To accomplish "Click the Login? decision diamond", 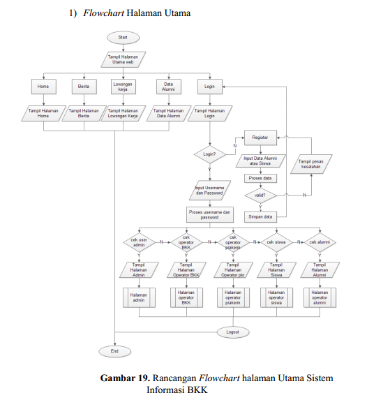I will [209, 154].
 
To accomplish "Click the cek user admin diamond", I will [139, 242].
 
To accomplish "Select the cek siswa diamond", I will [277, 242].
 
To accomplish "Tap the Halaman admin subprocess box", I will [139, 297].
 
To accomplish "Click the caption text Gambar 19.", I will [124, 378].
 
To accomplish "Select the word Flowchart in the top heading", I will [104, 13].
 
